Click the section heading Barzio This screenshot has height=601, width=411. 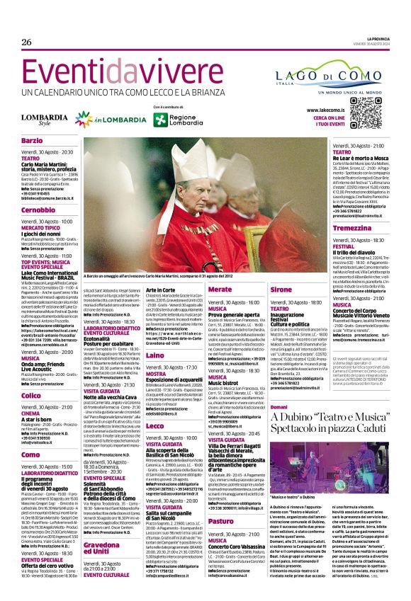click(x=33, y=142)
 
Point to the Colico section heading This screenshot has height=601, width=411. click(x=31, y=396)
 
